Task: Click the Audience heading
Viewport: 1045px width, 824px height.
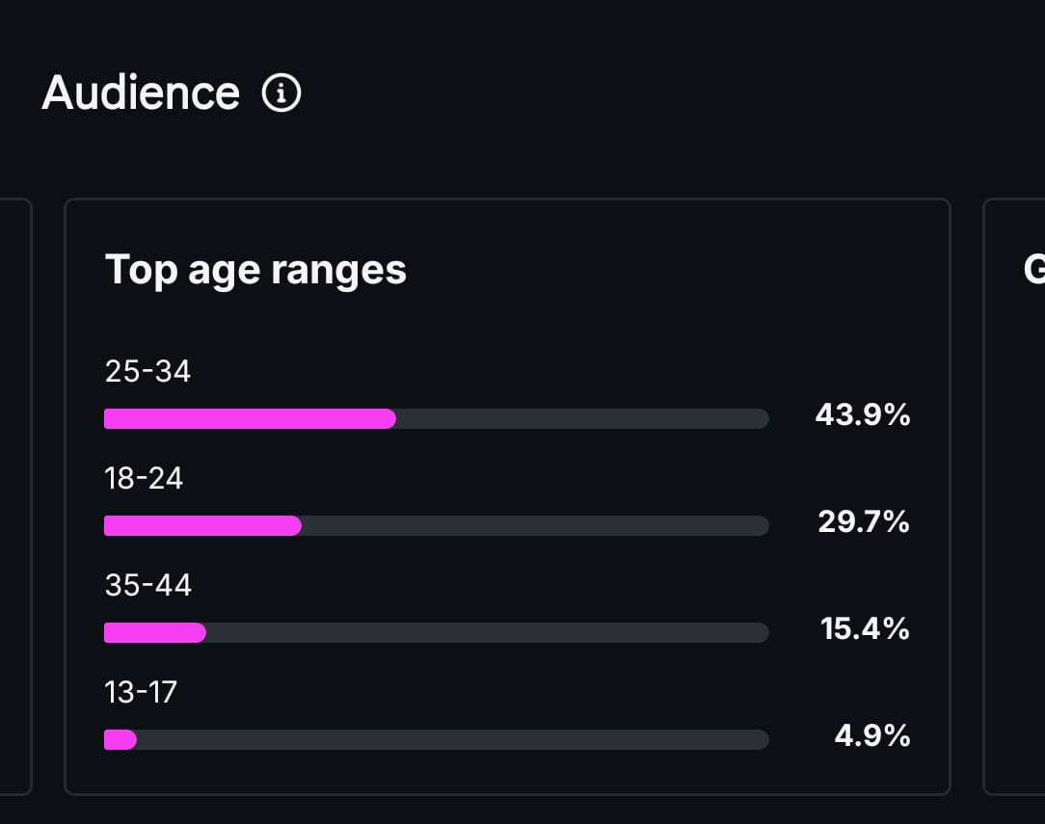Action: pyautogui.click(x=141, y=93)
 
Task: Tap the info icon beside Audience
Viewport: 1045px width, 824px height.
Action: pyautogui.click(x=281, y=93)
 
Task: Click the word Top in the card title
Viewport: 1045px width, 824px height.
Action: pyautogui.click(x=141, y=270)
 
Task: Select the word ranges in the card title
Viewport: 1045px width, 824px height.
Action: pyautogui.click(x=338, y=272)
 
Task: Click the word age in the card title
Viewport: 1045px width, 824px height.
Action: pyautogui.click(x=224, y=272)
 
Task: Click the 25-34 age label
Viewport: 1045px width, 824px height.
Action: pyautogui.click(x=147, y=371)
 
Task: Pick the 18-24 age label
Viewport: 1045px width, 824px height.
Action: pyautogui.click(x=144, y=478)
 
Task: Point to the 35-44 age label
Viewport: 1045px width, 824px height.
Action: pyautogui.click(x=147, y=585)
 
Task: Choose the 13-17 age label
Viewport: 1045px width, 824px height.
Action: pyautogui.click(x=141, y=692)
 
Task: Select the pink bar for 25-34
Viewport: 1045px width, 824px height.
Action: pyautogui.click(x=250, y=418)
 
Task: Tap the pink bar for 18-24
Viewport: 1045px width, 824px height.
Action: pyautogui.click(x=202, y=525)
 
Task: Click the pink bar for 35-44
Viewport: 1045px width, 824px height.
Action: pyautogui.click(x=154, y=632)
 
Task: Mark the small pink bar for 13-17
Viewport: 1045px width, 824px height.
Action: pyautogui.click(x=121, y=739)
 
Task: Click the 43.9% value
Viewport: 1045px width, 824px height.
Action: pyautogui.click(x=862, y=415)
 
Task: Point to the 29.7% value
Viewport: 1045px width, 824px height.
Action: pyautogui.click(x=864, y=522)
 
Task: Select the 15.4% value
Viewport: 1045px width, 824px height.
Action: pyautogui.click(x=865, y=629)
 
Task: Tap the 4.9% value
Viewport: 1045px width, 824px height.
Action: pyautogui.click(x=871, y=736)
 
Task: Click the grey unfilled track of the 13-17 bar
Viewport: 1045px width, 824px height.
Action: pyautogui.click(x=453, y=739)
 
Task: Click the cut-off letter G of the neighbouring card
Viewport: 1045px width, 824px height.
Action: pyautogui.click(x=1034, y=270)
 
